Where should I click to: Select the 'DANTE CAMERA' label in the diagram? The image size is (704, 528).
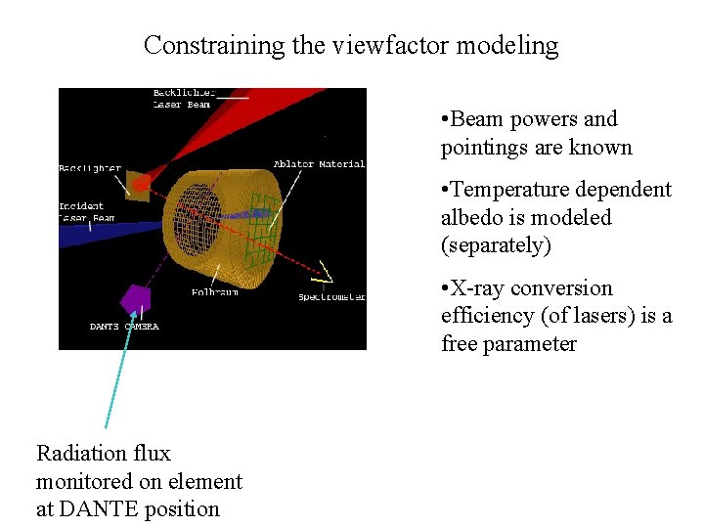pyautogui.click(x=124, y=327)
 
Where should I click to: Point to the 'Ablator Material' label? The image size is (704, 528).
pyautogui.click(x=319, y=164)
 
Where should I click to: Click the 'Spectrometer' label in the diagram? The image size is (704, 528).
pyautogui.click(x=332, y=296)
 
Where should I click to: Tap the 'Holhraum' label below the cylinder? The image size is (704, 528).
pyautogui.click(x=213, y=291)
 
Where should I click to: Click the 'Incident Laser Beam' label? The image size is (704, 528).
pyautogui.click(x=87, y=212)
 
